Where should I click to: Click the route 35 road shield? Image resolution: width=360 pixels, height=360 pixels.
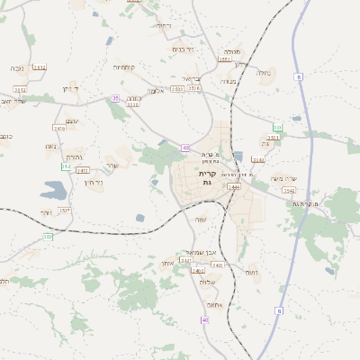point(114,98)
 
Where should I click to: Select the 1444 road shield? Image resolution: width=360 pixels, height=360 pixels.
point(234,186)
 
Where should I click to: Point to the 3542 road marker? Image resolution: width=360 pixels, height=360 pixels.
point(289,191)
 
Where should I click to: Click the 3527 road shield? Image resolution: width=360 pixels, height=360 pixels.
point(65,210)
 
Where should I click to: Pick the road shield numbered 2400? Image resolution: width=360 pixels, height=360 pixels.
point(217,265)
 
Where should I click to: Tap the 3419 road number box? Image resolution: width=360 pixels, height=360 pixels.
point(60,129)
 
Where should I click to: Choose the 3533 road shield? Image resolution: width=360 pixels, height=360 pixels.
point(176,89)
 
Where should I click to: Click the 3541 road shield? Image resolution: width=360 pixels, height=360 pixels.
point(259,160)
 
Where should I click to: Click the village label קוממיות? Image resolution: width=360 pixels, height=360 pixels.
point(123,67)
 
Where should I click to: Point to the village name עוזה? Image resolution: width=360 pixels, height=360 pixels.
point(200,219)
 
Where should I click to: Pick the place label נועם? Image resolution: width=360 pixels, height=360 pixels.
point(252,272)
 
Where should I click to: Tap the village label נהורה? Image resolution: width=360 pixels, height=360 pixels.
point(76,154)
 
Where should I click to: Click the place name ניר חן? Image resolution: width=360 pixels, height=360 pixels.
point(93,183)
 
